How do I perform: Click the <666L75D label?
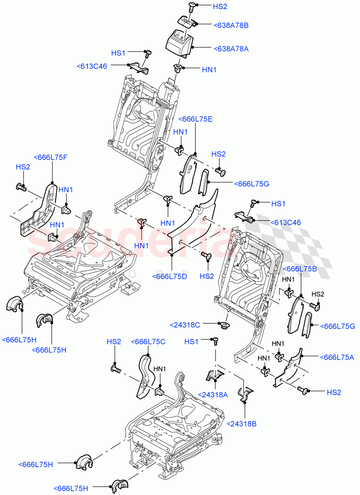click(170, 276)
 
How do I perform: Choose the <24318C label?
click(185, 325)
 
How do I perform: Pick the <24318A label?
click(213, 394)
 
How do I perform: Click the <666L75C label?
click(148, 342)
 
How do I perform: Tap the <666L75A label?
click(337, 357)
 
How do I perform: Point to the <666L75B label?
click(300, 269)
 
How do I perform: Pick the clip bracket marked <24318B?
click(246, 394)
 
